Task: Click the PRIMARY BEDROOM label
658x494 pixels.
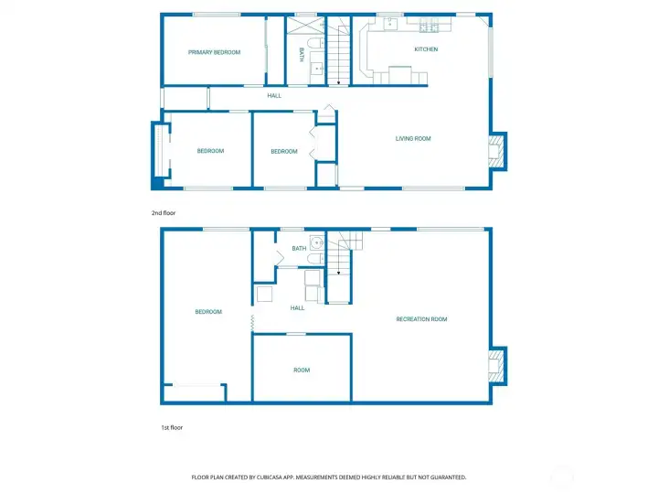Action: (x=214, y=53)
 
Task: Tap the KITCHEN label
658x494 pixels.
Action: (x=426, y=49)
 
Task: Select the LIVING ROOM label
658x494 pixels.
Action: (x=413, y=139)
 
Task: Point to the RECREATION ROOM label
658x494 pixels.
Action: (x=421, y=319)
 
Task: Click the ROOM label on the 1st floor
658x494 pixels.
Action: (x=302, y=370)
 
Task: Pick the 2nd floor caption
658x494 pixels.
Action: (x=164, y=213)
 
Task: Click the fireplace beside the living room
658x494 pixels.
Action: (x=497, y=151)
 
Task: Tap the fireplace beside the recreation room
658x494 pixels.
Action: (x=497, y=367)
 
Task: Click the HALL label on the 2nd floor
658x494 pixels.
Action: (x=274, y=96)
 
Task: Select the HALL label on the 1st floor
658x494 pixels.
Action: (x=297, y=308)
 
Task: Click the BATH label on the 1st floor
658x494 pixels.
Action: (x=299, y=249)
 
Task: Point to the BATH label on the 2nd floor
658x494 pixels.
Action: (x=302, y=55)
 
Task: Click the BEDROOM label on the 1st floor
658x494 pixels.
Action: (x=208, y=312)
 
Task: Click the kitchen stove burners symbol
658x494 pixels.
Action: (x=426, y=27)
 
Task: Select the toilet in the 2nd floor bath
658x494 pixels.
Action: (x=313, y=42)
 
